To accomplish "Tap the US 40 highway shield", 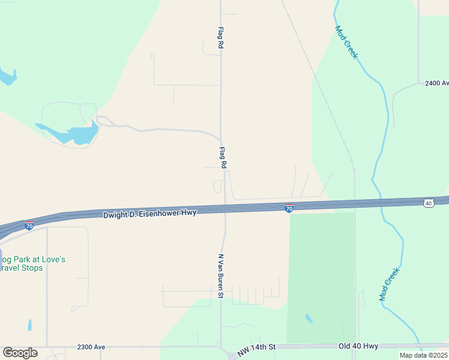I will (428, 203).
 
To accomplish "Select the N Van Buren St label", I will (220, 275).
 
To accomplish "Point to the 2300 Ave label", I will (91, 347).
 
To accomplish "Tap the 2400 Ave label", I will (436, 83).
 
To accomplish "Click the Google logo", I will (20, 353).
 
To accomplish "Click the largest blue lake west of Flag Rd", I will (75, 134).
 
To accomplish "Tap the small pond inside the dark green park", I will (309, 318).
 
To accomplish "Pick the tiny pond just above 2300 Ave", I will (29, 325).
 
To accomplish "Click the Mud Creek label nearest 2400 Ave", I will (346, 41).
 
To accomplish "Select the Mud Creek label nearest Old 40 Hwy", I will (389, 284).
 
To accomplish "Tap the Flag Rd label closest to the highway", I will (223, 157).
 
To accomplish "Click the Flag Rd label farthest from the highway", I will (220, 37).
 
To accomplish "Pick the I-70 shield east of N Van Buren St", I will (289, 208).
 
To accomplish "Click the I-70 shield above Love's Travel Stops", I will (29, 226).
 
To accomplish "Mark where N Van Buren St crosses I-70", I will (225, 209).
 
